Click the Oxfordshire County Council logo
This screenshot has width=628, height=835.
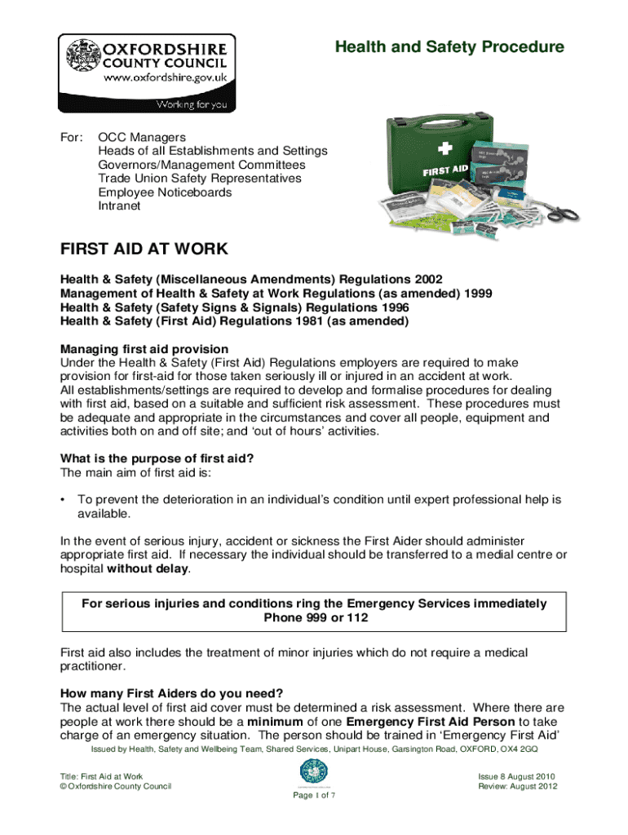coord(147,73)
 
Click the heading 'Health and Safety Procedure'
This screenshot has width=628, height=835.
coord(449,47)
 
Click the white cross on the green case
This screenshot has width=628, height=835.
coord(444,149)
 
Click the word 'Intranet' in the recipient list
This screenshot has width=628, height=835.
coord(119,206)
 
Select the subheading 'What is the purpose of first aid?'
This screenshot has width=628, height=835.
coord(157,458)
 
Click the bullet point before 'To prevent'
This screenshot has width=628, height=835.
coord(64,499)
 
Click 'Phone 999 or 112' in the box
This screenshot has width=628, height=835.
coord(315,618)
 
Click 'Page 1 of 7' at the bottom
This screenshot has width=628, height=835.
coord(314,796)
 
